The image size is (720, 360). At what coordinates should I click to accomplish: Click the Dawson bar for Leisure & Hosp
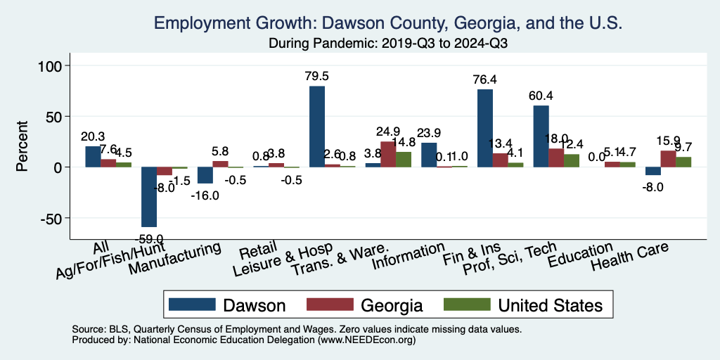(317, 127)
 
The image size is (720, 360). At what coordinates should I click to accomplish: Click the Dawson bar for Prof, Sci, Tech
(541, 136)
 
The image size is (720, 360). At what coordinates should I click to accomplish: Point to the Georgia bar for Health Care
(669, 159)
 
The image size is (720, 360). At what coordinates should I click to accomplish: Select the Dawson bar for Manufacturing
(205, 175)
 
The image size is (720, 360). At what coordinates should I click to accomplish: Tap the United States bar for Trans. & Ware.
(404, 160)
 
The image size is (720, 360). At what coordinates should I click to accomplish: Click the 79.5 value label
(317, 76)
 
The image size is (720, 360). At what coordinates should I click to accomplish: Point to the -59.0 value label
(150, 239)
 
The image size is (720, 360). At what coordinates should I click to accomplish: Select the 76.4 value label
(485, 79)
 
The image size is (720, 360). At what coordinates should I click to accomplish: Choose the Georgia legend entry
(392, 305)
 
